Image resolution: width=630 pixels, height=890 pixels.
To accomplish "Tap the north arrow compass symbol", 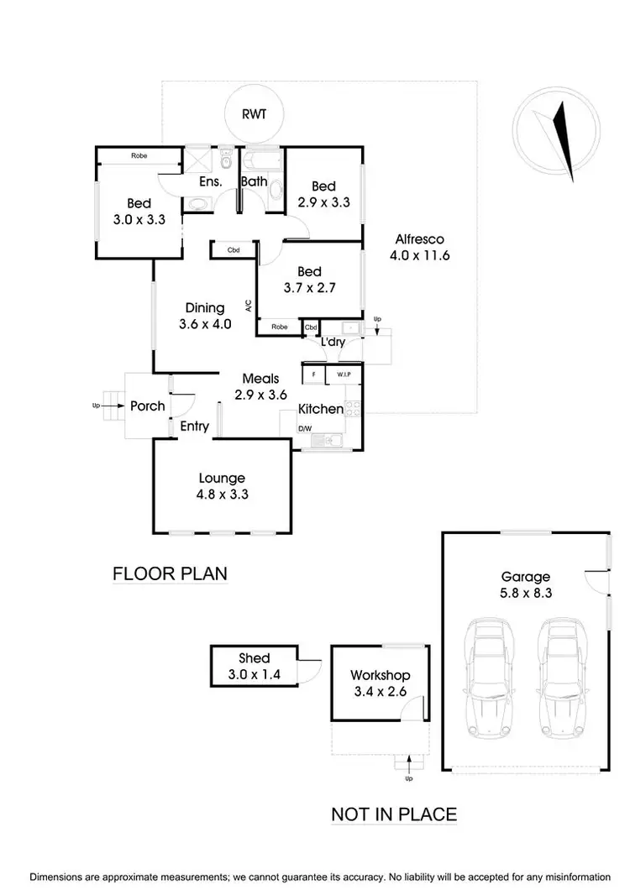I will click(x=558, y=133).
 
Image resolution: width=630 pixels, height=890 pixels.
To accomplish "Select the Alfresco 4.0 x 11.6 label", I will click(x=419, y=247).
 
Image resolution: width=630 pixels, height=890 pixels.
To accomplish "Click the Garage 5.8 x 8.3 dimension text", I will click(x=526, y=584).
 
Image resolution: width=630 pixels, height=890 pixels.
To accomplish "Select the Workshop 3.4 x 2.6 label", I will click(x=380, y=683).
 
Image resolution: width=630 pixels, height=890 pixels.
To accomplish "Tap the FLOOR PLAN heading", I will click(x=171, y=574).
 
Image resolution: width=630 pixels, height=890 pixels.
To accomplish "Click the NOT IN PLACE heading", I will click(x=394, y=814).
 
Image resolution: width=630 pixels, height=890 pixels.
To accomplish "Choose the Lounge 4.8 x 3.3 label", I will click(x=222, y=486).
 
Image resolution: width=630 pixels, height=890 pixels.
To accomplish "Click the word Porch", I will click(x=148, y=406).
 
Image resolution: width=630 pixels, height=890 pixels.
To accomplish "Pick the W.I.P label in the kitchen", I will click(x=343, y=374).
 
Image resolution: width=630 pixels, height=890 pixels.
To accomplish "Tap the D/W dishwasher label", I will click(x=305, y=428).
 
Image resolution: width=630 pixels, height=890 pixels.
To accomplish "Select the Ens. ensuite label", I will click(x=210, y=181).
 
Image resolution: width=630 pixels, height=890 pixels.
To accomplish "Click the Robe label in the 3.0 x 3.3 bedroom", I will click(x=139, y=155).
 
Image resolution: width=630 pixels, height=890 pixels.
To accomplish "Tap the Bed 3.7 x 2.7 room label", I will click(x=310, y=280).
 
